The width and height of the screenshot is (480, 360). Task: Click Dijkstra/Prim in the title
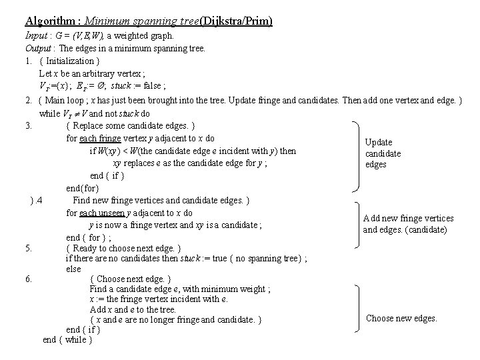coord(242,21)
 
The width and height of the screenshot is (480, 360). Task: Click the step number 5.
coord(29,249)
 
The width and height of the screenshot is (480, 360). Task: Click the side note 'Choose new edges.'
coord(402,318)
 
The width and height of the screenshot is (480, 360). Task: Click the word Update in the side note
coord(379,142)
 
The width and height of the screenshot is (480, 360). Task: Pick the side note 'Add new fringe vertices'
coord(408,218)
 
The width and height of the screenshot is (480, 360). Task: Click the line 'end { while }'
coord(67,340)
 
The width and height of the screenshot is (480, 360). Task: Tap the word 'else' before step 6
coord(73,269)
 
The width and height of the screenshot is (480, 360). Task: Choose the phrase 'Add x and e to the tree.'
coord(133,309)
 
